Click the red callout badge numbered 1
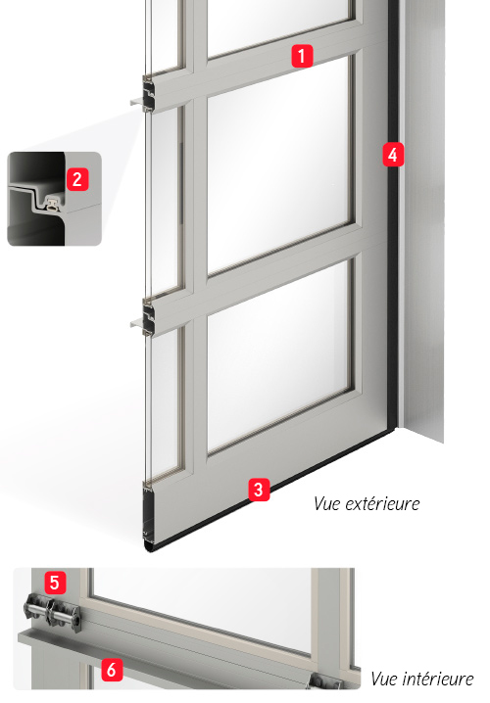click(302, 56)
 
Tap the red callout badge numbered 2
click(77, 179)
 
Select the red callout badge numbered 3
click(259, 490)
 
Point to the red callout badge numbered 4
click(393, 155)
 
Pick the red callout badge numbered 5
click(55, 583)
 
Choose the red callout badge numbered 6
click(112, 670)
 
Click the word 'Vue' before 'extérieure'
click(327, 504)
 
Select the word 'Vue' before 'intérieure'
click(384, 679)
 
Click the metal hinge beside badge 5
click(52, 613)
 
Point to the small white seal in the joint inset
click(53, 205)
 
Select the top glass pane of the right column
click(278, 24)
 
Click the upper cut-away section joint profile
click(149, 94)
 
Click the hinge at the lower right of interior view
click(322, 681)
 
